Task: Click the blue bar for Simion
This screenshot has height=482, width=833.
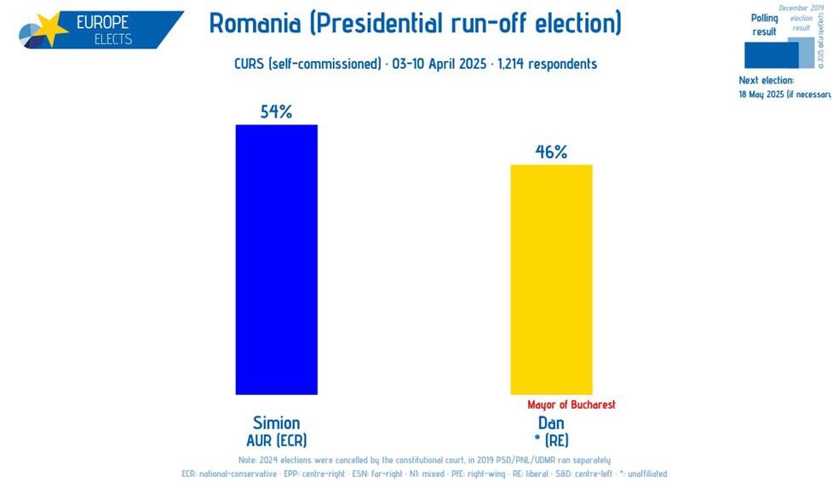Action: (x=276, y=260)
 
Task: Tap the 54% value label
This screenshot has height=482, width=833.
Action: (x=276, y=112)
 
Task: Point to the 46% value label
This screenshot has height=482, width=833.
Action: (x=551, y=152)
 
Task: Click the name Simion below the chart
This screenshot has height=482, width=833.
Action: (x=276, y=423)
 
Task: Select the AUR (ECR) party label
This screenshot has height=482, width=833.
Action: (x=276, y=440)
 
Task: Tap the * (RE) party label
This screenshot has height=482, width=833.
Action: (x=551, y=440)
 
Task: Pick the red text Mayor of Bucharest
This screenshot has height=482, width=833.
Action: (x=571, y=405)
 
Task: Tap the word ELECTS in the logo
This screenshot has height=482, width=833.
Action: (x=113, y=39)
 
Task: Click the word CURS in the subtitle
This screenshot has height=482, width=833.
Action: (x=250, y=64)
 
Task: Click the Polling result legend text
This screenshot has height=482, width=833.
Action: (x=764, y=25)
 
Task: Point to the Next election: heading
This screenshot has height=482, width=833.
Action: (x=766, y=80)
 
